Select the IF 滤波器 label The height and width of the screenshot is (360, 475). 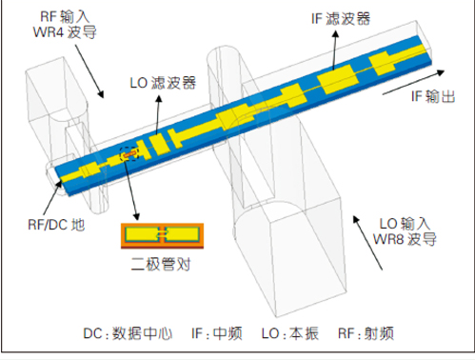click(x=339, y=18)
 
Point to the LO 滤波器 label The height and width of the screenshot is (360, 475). click(x=162, y=83)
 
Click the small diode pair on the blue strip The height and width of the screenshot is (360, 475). click(x=130, y=152)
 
